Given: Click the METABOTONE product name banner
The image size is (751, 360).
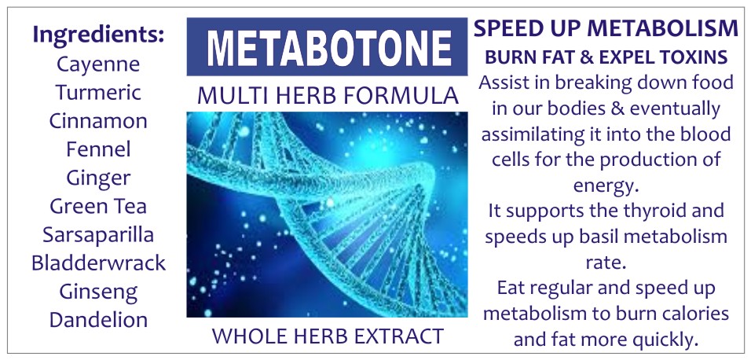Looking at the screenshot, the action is point(327,46).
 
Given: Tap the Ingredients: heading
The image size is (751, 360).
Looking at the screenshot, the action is point(99,36).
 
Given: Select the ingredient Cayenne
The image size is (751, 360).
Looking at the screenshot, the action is point(98,64).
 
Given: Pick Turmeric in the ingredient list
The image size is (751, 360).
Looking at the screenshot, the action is point(98,92).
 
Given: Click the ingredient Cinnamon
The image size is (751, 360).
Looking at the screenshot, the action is point(98,120).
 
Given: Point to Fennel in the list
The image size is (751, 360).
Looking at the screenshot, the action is point(98,149).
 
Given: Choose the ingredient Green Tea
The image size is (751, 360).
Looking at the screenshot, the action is point(98,206).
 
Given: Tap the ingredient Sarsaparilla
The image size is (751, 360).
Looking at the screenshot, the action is point(98,235).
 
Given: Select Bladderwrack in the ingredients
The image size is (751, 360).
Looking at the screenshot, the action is point(98,263).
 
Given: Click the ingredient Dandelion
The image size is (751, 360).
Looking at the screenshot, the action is point(98,320).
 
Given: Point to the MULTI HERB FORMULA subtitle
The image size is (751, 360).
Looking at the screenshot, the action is point(328,95).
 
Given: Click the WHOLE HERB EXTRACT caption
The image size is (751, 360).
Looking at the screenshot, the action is point(328,336).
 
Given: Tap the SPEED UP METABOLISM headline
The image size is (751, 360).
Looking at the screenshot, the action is point(606,30).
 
